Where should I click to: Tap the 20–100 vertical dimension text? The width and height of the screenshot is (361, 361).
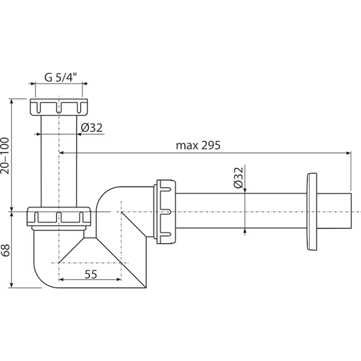(x=5, y=156)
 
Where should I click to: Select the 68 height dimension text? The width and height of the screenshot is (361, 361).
(x=5, y=250)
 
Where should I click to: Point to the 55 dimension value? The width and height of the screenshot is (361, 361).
(x=91, y=274)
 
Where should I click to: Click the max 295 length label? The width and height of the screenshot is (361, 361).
(x=198, y=145)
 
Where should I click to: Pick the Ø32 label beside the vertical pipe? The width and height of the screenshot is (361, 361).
(x=91, y=128)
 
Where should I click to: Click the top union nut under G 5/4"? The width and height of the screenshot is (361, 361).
(x=59, y=107)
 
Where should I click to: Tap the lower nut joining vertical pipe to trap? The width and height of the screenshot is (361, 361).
(x=59, y=216)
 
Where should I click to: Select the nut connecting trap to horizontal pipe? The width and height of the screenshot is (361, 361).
(x=166, y=212)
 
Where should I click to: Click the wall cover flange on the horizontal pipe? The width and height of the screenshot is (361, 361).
(x=312, y=212)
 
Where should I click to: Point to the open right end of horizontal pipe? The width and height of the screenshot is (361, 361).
(x=351, y=211)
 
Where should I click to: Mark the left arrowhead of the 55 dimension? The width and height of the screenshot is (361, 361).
(x=61, y=280)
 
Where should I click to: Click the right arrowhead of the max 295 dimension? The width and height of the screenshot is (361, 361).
(x=348, y=152)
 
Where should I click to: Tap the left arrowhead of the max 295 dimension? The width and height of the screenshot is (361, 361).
(x=62, y=152)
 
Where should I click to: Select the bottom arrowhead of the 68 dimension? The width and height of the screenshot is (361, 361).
(x=11, y=285)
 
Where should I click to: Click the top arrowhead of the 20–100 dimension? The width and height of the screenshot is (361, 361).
(x=11, y=102)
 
